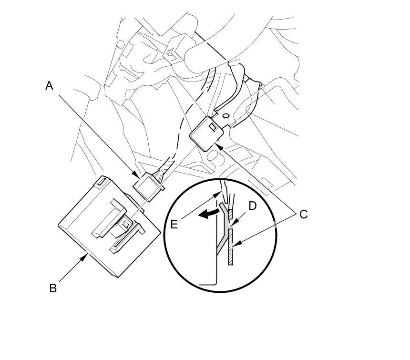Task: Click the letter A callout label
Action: [x=49, y=86]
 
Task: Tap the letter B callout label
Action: [x=53, y=288]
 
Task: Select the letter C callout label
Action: [x=304, y=214]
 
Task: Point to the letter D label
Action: [x=253, y=206]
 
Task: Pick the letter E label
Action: [x=174, y=224]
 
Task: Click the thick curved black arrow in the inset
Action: [x=208, y=214]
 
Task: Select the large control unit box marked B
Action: [x=107, y=226]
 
